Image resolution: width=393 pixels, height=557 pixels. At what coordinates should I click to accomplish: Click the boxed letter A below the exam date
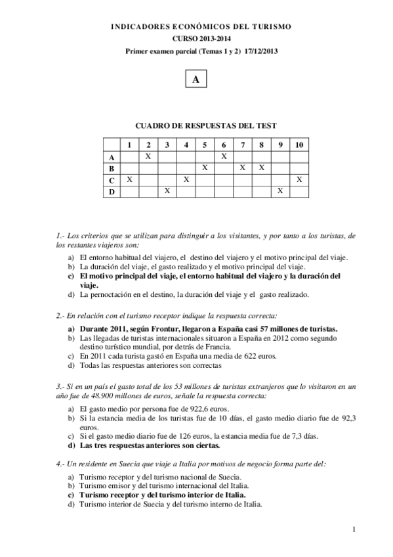click(x=196, y=79)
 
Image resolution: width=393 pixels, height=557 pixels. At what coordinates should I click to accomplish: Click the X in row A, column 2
click(x=148, y=156)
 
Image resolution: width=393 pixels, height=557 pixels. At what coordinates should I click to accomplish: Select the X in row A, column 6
click(x=224, y=156)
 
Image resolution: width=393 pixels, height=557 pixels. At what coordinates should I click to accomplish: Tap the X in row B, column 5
click(x=205, y=167)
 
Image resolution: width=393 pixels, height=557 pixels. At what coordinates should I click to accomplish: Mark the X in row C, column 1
click(x=129, y=179)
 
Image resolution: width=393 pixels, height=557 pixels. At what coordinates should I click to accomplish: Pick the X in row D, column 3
click(x=167, y=190)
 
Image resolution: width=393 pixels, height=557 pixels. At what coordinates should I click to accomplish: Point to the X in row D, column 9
click(x=280, y=190)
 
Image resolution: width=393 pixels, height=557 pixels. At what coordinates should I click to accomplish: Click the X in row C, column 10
click(x=299, y=179)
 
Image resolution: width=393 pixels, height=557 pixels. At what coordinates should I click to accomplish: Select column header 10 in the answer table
click(x=299, y=144)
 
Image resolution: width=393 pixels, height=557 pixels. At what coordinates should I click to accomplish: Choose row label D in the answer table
click(x=112, y=190)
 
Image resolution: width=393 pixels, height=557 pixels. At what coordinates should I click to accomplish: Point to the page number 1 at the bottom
click(x=354, y=529)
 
